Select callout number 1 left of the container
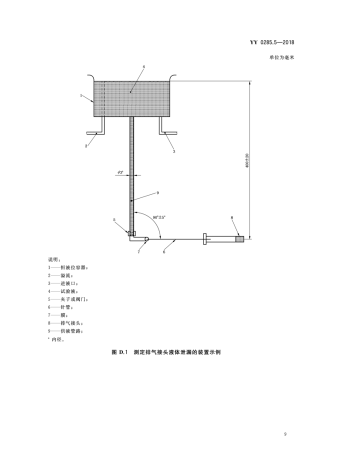click(81, 94)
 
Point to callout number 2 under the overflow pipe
click(86, 146)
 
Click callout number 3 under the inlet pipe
click(174, 150)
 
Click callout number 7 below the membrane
click(139, 251)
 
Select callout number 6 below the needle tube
click(164, 252)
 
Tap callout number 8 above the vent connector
click(232, 217)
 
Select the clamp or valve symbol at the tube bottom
click(131, 234)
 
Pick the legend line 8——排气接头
click(68, 323)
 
